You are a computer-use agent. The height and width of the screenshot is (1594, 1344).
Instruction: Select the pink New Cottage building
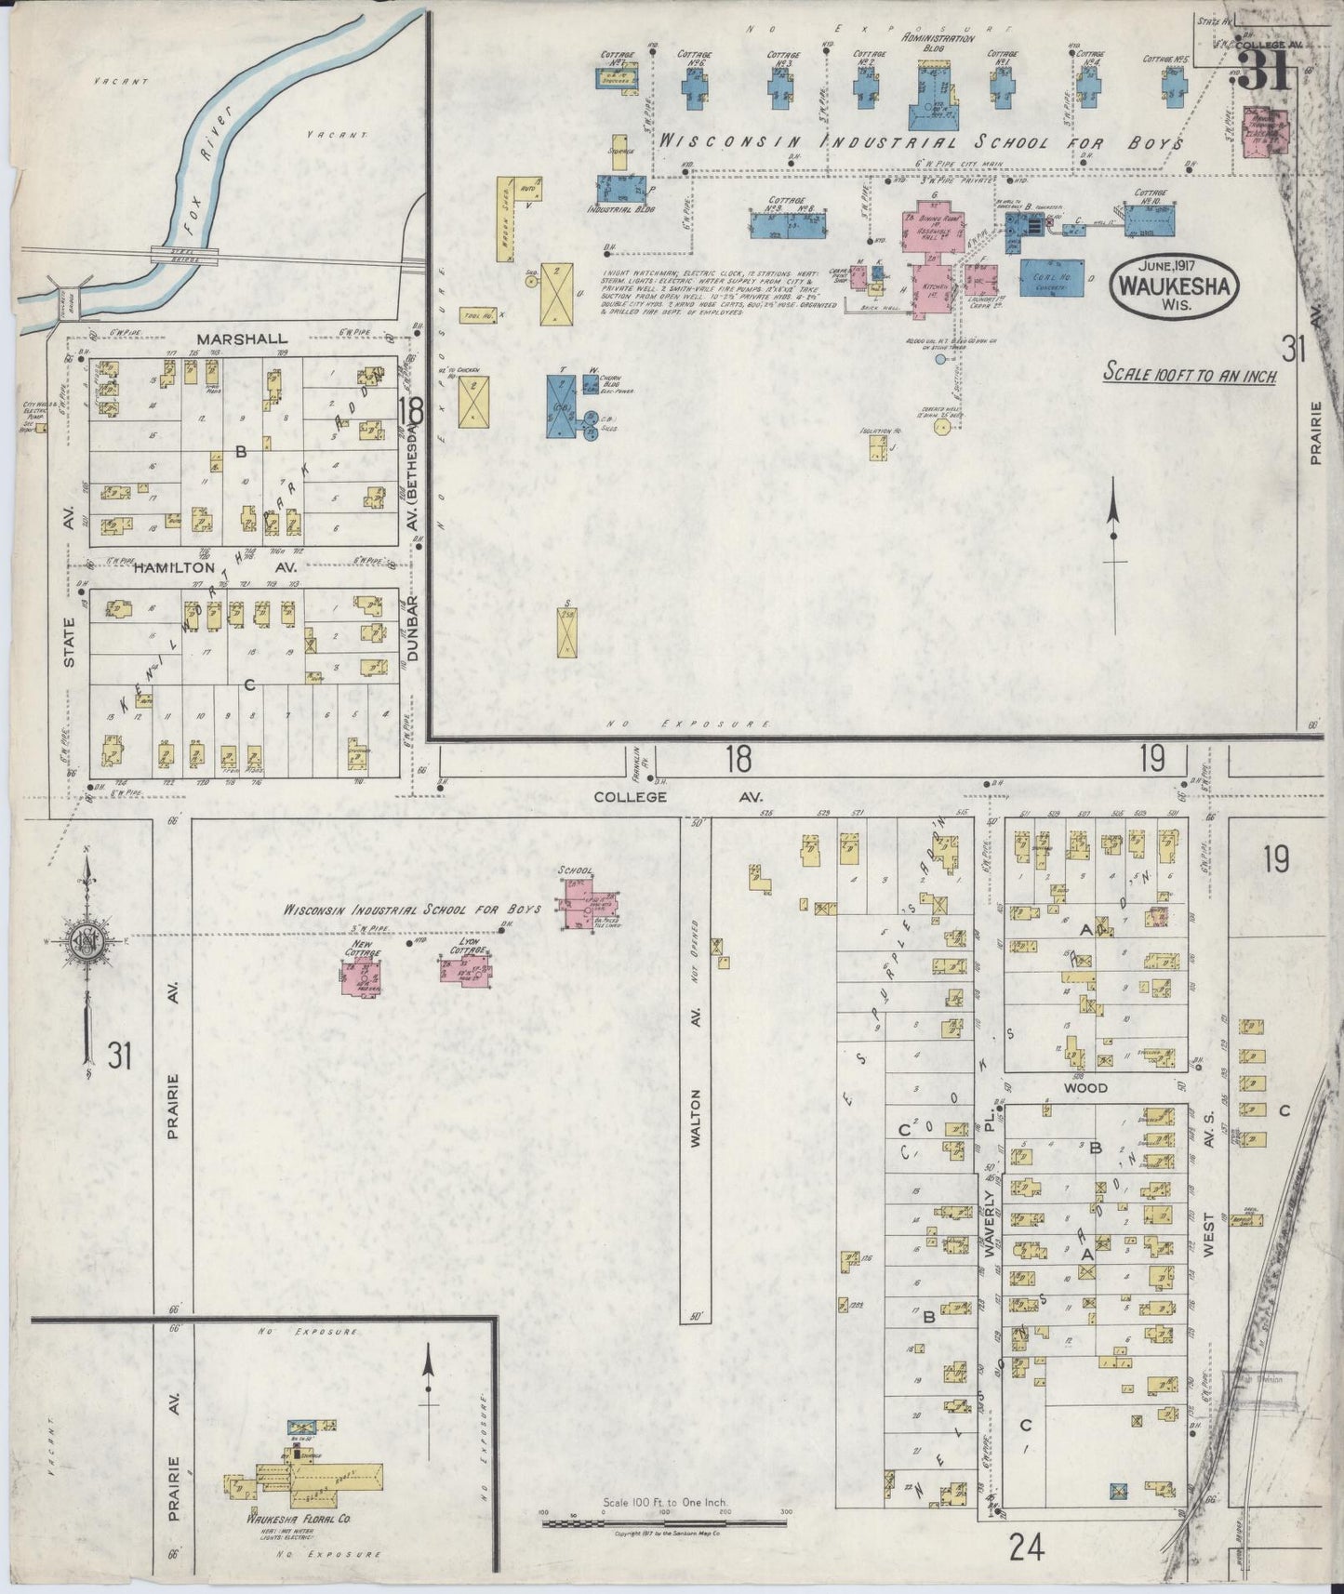coord(362,978)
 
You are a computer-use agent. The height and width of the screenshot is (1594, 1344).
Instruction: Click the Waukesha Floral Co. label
coord(298,1520)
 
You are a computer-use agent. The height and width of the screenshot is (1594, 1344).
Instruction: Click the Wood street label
coord(1085,1087)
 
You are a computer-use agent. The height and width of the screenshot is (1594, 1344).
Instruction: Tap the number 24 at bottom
coord(1026,1548)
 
